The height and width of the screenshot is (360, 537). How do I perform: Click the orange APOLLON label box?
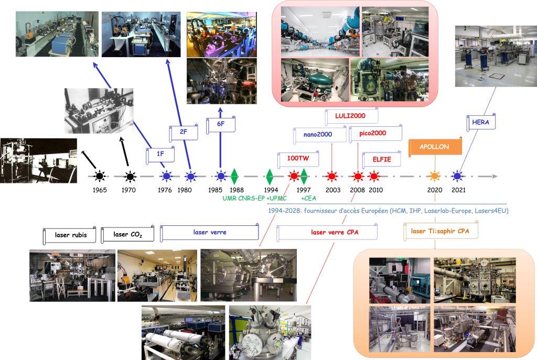[x=434, y=147]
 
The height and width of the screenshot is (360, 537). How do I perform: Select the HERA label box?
[x=481, y=123]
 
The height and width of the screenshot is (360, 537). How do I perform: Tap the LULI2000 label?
[x=350, y=116]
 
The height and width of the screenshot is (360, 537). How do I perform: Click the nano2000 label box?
[x=320, y=134]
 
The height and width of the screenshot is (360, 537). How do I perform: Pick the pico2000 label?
[x=373, y=134]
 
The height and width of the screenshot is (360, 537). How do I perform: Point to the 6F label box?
[x=221, y=125]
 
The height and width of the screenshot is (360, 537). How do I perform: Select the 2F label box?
[x=184, y=133]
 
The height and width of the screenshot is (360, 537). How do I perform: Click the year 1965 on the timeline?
[x=99, y=190]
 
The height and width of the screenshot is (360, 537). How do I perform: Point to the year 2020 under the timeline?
[x=435, y=190]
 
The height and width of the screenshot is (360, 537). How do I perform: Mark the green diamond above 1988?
[x=234, y=176]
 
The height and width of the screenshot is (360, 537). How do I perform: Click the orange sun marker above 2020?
[x=435, y=176]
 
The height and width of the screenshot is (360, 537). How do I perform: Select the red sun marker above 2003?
[x=331, y=176]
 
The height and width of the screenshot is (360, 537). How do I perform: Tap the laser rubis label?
[x=71, y=235]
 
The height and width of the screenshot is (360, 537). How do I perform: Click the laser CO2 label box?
[x=127, y=235]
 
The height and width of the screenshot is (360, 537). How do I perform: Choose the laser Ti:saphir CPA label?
[x=441, y=231]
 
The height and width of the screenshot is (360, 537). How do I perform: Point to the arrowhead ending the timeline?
[x=494, y=176]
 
